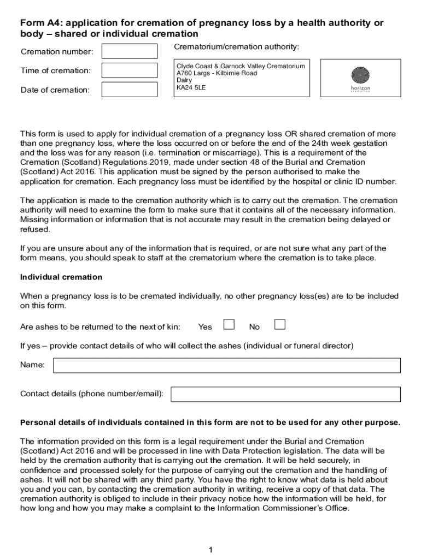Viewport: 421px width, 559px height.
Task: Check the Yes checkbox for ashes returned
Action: click(229, 325)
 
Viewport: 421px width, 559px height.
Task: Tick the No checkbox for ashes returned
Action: click(280, 325)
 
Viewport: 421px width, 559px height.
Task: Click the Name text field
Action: click(226, 365)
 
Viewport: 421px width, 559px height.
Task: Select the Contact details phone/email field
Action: click(285, 394)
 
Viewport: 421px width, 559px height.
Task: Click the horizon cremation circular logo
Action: click(360, 74)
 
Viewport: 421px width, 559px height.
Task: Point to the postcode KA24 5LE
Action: click(191, 87)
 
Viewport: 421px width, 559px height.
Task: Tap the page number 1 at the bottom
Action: click(210, 550)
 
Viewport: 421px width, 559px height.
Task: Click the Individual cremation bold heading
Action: click(61, 277)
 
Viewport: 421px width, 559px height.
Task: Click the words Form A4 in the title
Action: click(39, 23)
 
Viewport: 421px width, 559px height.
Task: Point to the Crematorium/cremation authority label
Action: click(236, 47)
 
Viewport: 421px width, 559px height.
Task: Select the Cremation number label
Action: click(57, 52)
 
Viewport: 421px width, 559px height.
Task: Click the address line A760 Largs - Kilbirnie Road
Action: click(217, 73)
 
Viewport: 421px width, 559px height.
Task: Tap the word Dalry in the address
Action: click(184, 80)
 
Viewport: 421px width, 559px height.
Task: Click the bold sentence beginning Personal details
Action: click(210, 423)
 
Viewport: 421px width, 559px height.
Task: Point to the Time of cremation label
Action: click(55, 70)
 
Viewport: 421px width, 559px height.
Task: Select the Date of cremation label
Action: click(55, 90)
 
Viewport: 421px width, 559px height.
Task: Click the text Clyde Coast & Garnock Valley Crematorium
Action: click(241, 66)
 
